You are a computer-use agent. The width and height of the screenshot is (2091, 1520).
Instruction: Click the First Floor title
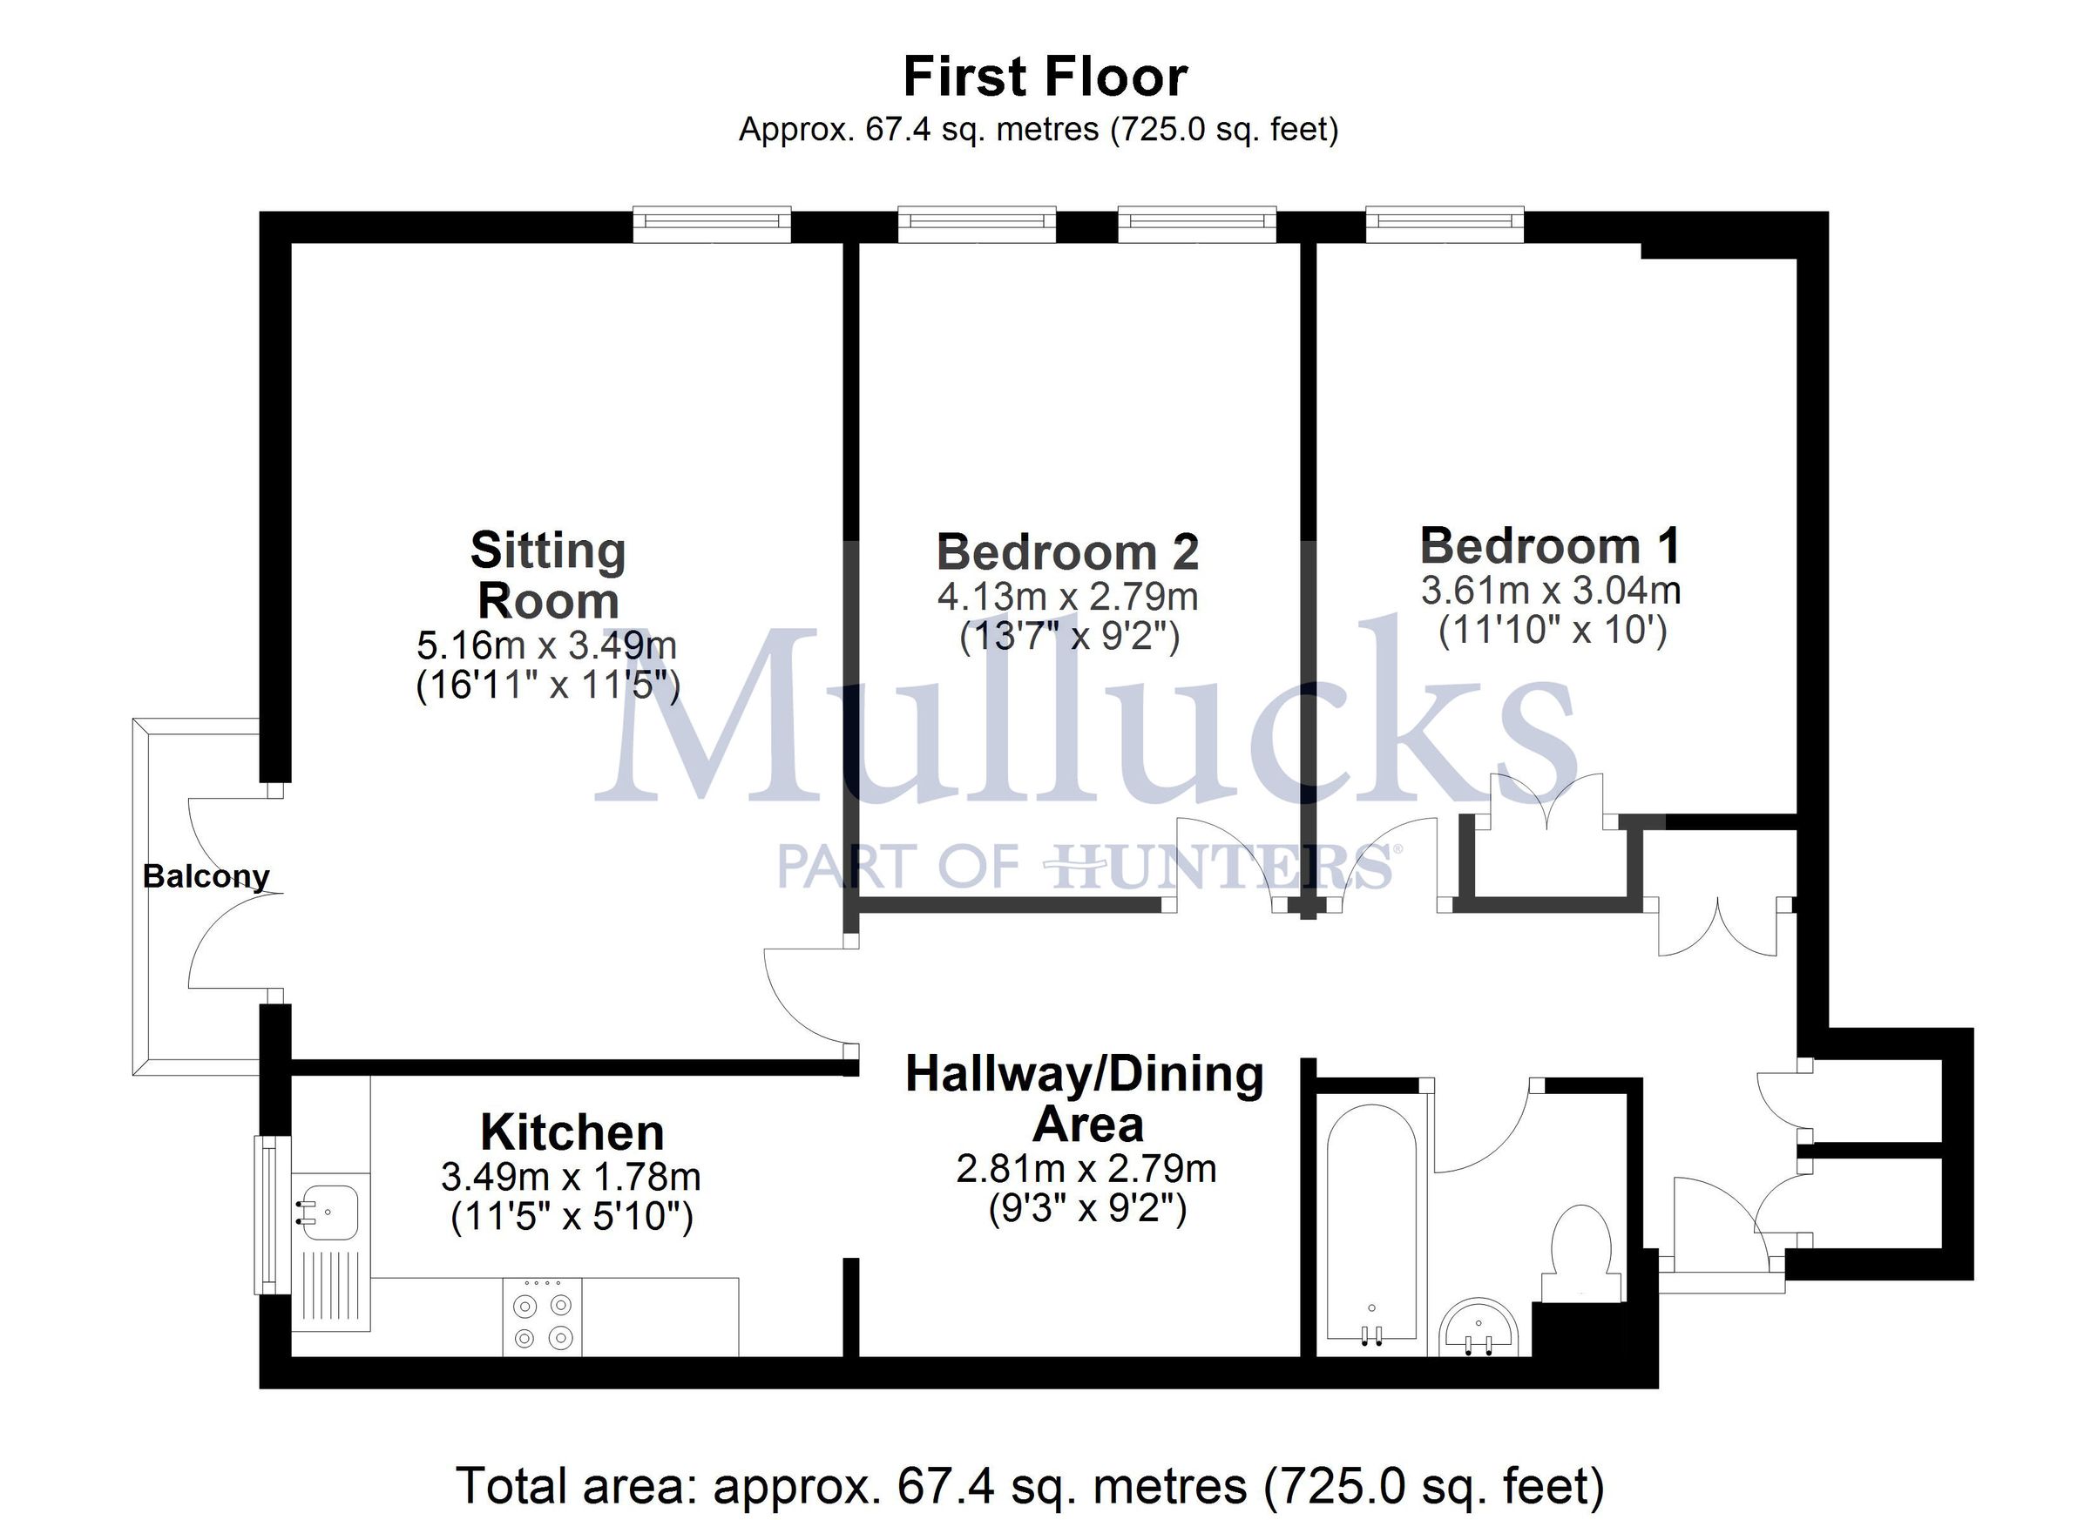[1045, 77]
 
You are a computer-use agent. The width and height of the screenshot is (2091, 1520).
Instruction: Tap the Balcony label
[206, 875]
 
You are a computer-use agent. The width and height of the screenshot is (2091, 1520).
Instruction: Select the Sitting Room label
[548, 575]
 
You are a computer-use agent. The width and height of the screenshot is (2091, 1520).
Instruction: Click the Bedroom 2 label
[1067, 552]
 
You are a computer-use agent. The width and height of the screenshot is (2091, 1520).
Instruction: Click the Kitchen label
[572, 1132]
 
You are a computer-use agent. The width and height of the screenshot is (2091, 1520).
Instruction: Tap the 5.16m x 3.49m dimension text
[547, 645]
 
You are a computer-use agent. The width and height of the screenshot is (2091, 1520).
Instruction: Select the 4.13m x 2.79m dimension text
[1067, 597]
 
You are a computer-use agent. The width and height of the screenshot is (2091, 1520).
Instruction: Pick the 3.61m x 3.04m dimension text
[1551, 590]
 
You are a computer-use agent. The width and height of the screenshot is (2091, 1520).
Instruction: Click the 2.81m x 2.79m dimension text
[1086, 1169]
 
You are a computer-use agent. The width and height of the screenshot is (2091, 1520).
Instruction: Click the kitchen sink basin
[328, 1213]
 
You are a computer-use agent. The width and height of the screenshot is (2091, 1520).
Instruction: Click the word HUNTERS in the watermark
[1221, 868]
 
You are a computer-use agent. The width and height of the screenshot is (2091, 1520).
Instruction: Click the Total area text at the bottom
[1030, 1485]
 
